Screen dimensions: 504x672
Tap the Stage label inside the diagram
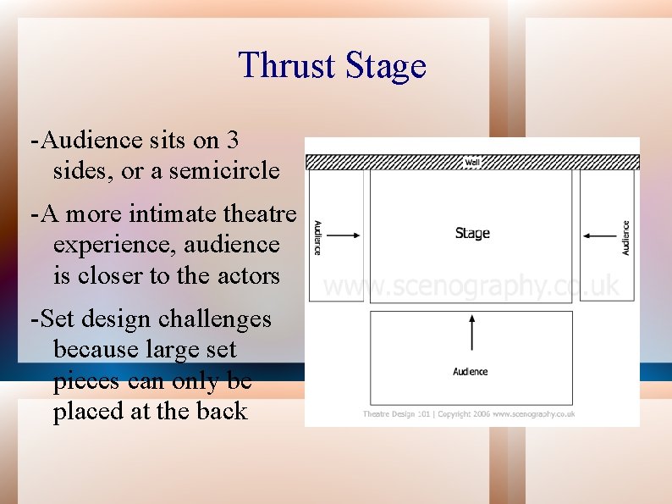point(472,233)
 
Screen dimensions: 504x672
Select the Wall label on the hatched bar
point(472,162)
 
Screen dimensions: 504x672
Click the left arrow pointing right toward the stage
point(343,235)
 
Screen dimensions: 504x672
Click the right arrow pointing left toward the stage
point(600,235)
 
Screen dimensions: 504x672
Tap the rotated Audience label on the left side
point(317,237)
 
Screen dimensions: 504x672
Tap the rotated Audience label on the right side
point(626,237)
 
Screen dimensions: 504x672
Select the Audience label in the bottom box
point(471,371)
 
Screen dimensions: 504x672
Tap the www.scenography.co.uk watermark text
point(471,286)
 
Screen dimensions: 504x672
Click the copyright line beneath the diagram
point(469,413)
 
